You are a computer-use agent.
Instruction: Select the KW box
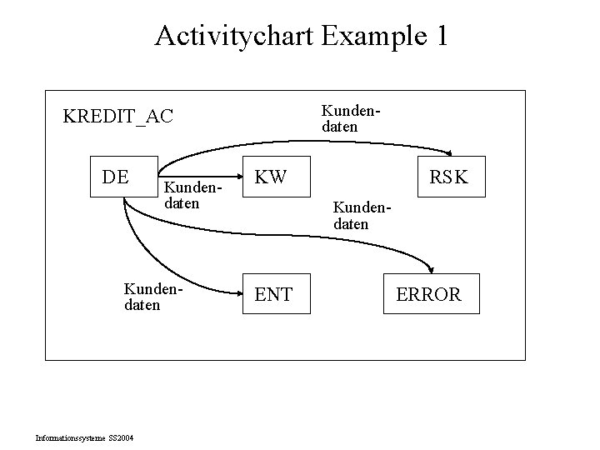tap(272, 177)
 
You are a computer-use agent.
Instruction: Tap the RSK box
tap(449, 177)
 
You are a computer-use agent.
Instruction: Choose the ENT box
tap(272, 293)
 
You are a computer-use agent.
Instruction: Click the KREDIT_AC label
tap(118, 116)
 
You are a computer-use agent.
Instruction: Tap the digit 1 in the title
tap(441, 37)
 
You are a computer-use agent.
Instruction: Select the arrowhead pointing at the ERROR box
tap(430, 268)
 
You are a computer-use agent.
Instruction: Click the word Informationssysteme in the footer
tap(70, 437)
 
